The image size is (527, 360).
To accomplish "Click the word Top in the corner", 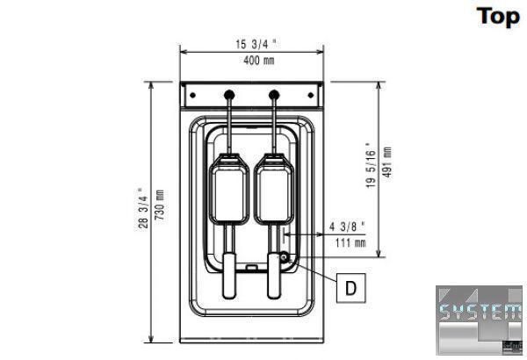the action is point(498,17).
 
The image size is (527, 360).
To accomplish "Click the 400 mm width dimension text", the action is point(259,61).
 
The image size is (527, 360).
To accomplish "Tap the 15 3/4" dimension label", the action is point(256,44).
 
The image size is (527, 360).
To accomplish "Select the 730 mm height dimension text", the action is point(159,205).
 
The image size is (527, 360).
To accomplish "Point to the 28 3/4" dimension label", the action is point(143,208).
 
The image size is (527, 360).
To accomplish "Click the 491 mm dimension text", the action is point(386,162).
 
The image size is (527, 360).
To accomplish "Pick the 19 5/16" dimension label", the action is point(371,165).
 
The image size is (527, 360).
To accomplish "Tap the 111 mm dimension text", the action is point(350,242).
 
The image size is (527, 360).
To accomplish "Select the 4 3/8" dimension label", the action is point(347,227).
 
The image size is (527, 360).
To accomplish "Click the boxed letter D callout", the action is point(350,288).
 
